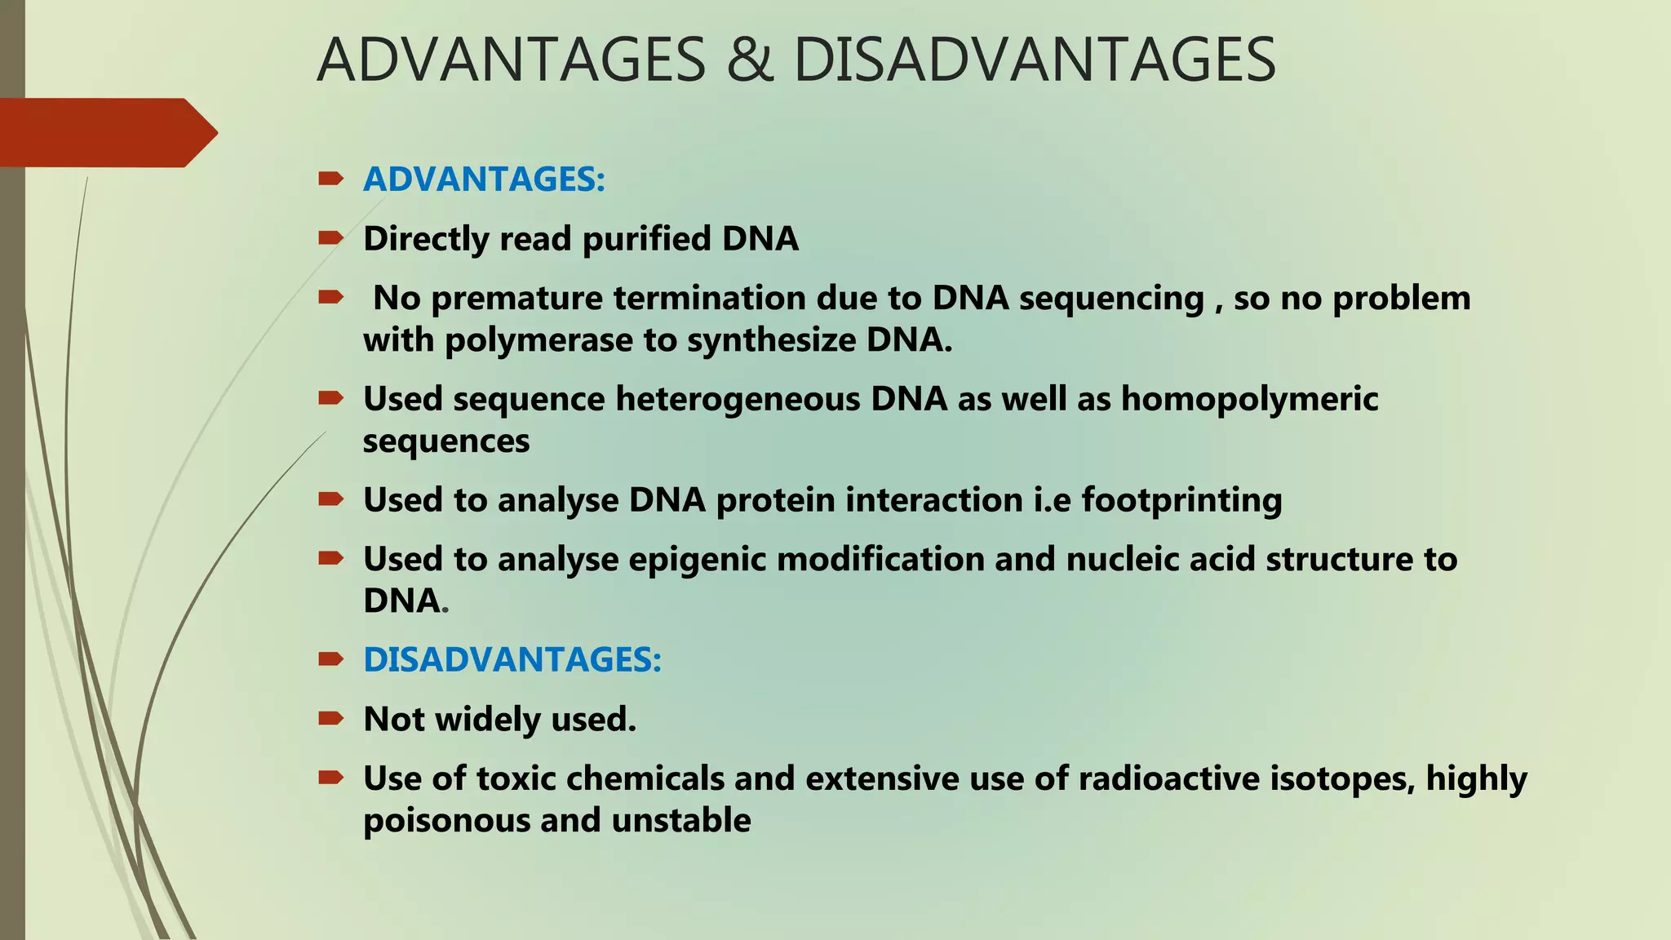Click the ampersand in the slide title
(x=749, y=60)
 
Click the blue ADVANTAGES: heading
(x=484, y=180)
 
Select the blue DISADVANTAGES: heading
(x=512, y=659)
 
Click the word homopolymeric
(x=1249, y=399)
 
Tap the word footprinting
(x=1181, y=499)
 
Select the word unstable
(x=681, y=820)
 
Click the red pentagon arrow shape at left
(x=106, y=132)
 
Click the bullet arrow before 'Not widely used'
(x=330, y=718)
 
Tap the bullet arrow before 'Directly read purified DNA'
(x=330, y=238)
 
